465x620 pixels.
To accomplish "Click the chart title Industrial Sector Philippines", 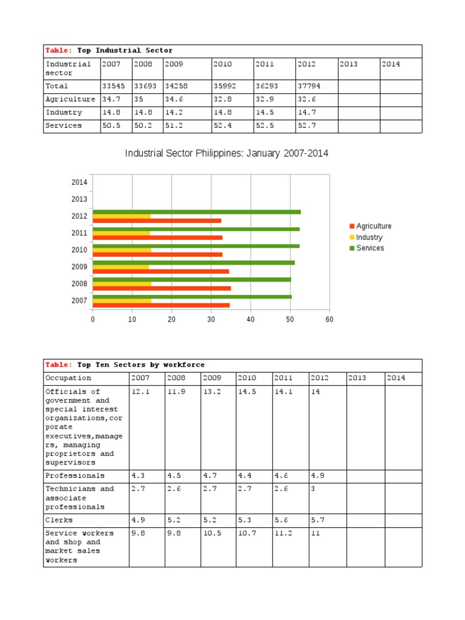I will pos(226,154).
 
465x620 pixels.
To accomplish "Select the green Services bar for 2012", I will pos(197,212).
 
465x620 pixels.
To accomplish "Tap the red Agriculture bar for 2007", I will pos(161,305).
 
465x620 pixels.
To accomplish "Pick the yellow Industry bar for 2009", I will pos(120,267).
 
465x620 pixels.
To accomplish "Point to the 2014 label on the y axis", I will pos(79,182).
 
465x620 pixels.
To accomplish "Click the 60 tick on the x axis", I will pos(329,319).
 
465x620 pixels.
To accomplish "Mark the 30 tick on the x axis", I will pos(211,319).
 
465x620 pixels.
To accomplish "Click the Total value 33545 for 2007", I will pos(114,86).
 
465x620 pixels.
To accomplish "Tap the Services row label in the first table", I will pos(64,126).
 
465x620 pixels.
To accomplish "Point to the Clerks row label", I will pos(59,520).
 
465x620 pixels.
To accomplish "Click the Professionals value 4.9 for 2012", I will pos(317,475).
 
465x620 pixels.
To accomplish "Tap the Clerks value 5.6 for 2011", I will pos(280,520).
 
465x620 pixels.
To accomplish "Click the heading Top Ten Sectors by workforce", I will pos(140,365).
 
